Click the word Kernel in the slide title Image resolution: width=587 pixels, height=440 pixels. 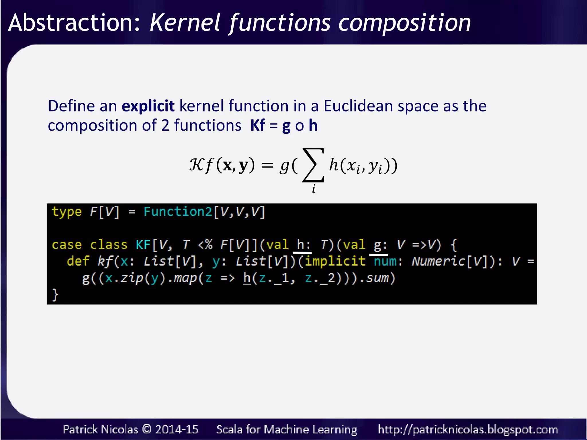point(185,23)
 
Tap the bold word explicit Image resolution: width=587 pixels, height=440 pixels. point(148,106)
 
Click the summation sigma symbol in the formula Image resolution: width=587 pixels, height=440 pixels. point(313,165)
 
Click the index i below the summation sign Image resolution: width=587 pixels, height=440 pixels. point(314,189)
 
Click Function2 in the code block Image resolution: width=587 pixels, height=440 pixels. point(178,212)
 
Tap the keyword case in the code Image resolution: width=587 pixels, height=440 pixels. point(66,245)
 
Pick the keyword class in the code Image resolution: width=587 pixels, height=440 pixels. point(109,245)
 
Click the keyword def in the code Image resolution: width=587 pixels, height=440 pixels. point(78,261)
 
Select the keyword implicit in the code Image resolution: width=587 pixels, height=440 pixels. point(335,261)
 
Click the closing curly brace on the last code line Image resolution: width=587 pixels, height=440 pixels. point(55,294)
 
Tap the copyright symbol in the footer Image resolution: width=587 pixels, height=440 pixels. point(146,429)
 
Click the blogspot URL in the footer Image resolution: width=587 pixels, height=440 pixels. point(468,429)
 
